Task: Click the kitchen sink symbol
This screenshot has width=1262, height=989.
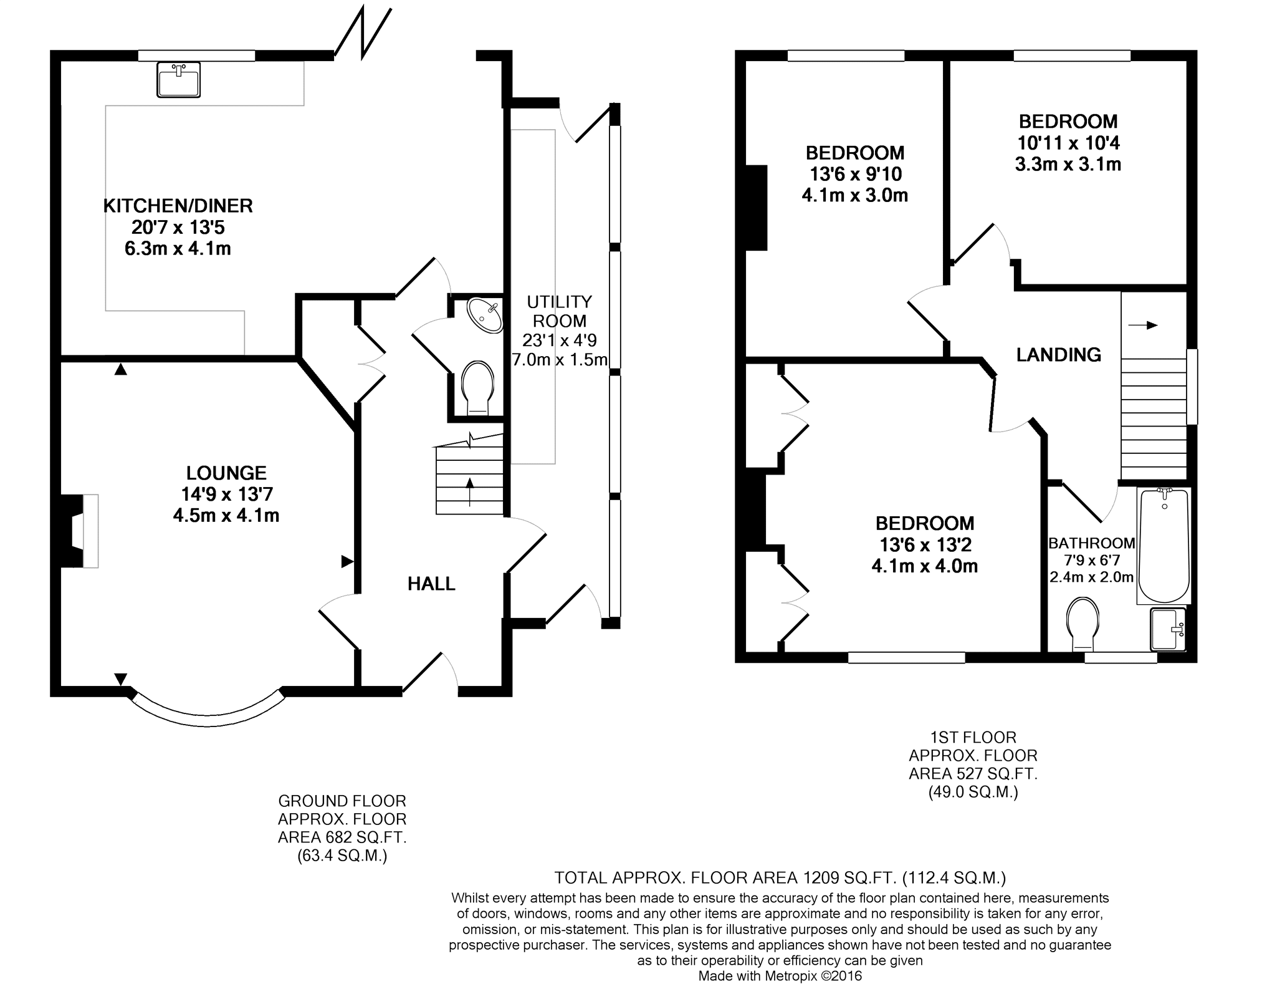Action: pyautogui.click(x=179, y=80)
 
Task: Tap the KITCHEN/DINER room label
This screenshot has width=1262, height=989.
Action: pyautogui.click(x=178, y=206)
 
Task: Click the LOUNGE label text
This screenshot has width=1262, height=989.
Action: pyautogui.click(x=226, y=473)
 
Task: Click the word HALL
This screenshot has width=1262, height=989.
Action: pyautogui.click(x=431, y=584)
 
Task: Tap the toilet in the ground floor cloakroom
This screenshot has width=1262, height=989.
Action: pyautogui.click(x=478, y=387)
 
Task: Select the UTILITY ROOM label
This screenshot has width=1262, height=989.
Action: pyautogui.click(x=560, y=311)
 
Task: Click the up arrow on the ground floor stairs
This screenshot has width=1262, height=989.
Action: pyautogui.click(x=469, y=492)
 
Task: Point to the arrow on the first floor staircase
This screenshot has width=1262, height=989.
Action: pyautogui.click(x=1142, y=325)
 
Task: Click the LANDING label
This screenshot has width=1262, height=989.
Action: pyautogui.click(x=1059, y=355)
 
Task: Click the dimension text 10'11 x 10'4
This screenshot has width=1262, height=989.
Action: pyautogui.click(x=1068, y=143)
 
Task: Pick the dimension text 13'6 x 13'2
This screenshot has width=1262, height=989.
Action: pyautogui.click(x=925, y=545)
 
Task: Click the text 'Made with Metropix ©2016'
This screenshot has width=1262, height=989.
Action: pyautogui.click(x=780, y=976)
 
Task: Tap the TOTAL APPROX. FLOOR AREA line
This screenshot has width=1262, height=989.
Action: pyautogui.click(x=780, y=878)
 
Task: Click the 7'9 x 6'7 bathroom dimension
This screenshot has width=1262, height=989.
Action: pyautogui.click(x=1091, y=560)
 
